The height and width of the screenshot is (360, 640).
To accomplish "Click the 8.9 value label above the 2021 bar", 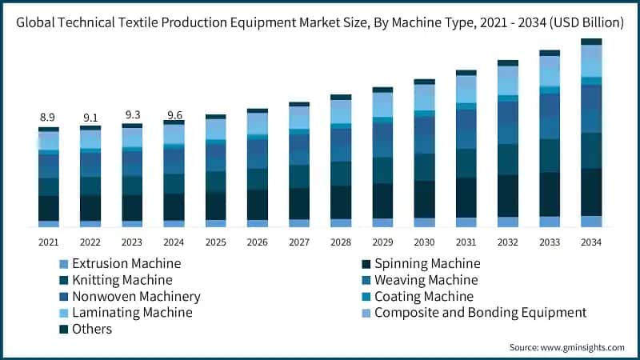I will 49,118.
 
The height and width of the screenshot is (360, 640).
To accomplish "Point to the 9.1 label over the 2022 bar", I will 90,117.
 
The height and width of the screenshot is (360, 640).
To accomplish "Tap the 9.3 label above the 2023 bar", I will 132,115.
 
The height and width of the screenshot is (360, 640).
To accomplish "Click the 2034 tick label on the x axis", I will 591,242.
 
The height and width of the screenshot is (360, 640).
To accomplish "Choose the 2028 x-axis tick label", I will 341,242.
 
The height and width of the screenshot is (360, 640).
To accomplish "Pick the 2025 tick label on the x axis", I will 215,242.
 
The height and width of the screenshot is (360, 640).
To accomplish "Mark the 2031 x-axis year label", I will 466,242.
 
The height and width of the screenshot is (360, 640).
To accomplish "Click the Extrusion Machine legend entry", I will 126,263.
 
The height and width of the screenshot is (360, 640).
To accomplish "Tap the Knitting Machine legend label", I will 122,280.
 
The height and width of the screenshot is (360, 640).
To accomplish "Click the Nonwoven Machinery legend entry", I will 136,296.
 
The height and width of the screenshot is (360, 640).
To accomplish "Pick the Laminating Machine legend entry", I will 132,312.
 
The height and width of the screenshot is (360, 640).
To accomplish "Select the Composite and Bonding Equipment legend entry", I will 480,312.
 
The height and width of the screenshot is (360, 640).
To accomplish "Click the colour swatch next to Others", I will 62,329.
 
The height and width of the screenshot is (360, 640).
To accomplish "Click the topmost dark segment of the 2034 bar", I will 591,42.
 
